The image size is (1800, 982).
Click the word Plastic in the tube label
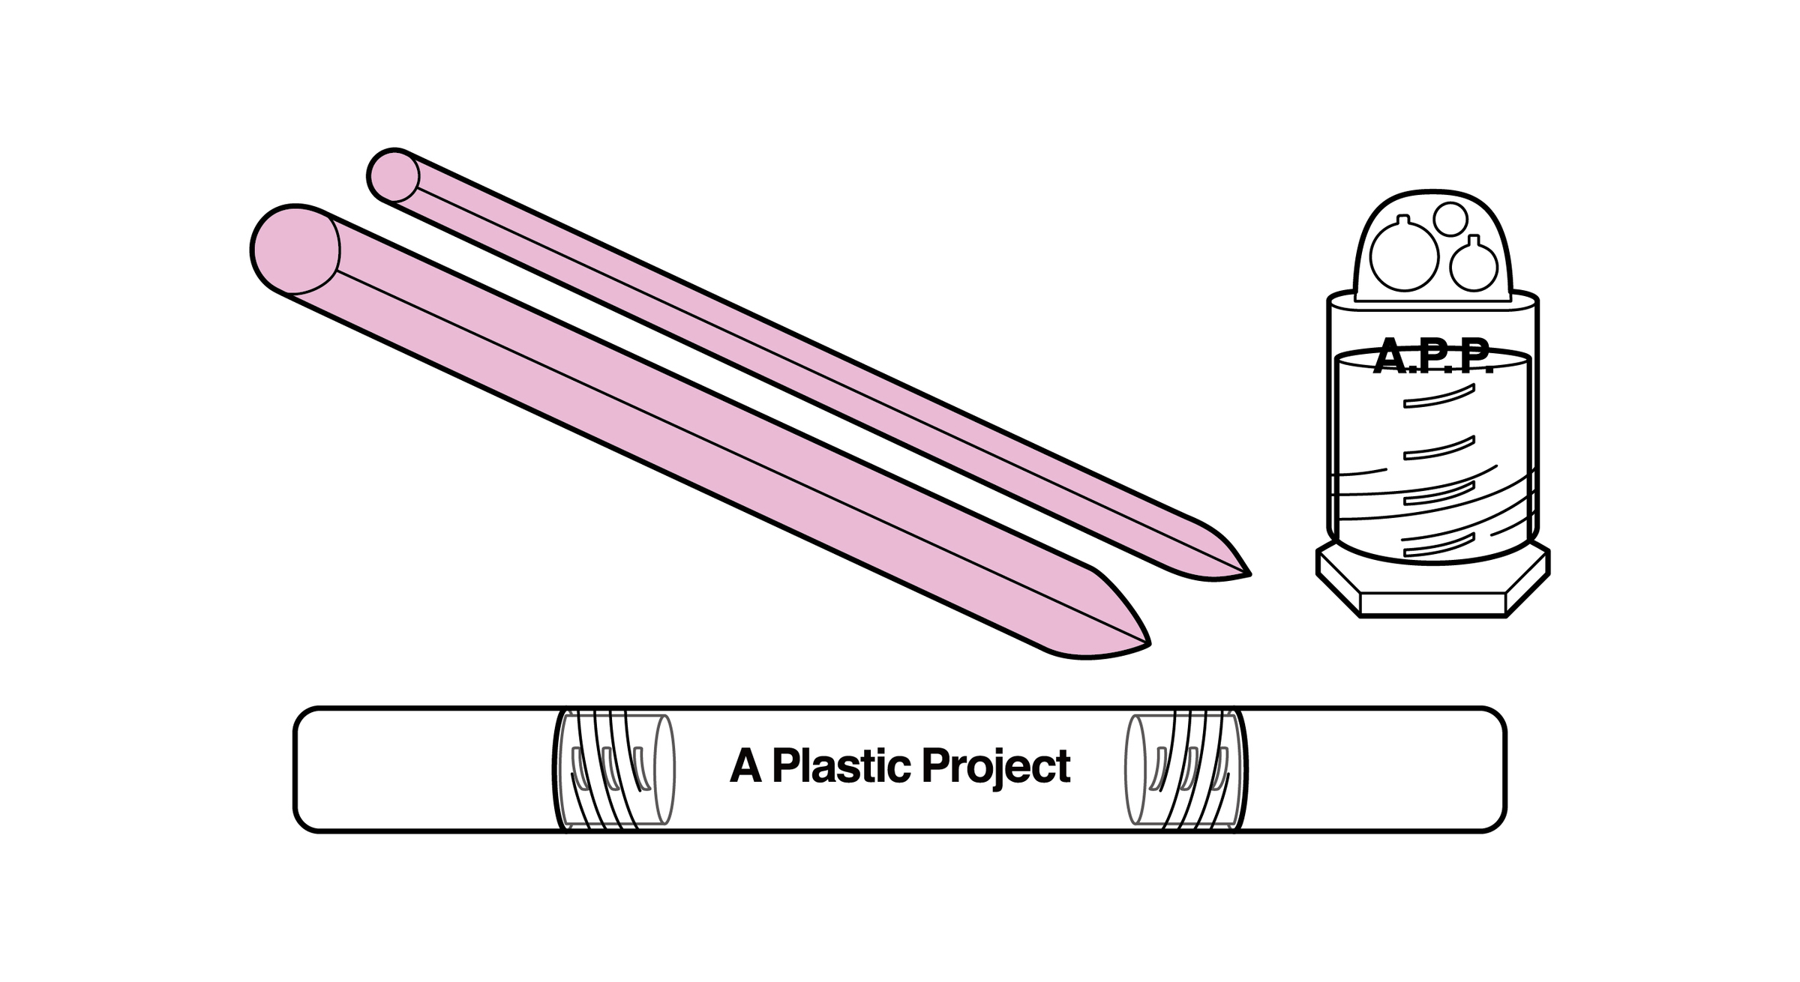[x=841, y=766]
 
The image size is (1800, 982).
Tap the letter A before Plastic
[x=745, y=766]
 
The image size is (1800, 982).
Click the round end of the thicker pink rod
[x=296, y=249]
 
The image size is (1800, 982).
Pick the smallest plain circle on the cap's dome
[x=1450, y=218]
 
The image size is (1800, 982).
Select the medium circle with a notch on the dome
[x=1474, y=266]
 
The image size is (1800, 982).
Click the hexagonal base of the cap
[x=1432, y=592]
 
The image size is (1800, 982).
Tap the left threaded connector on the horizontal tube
[x=613, y=769]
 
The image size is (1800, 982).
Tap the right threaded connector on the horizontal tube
[x=1185, y=769]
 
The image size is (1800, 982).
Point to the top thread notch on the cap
[x=1438, y=397]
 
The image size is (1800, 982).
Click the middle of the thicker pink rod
[x=697, y=442]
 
